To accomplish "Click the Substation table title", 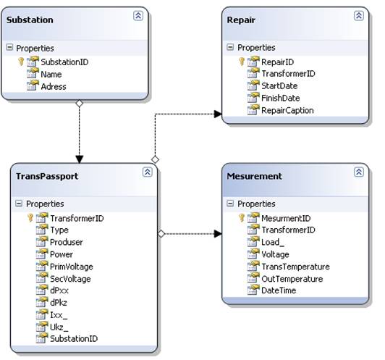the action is coord(30,20).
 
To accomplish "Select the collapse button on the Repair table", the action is coord(359,16).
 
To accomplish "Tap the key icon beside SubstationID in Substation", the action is coord(21,62).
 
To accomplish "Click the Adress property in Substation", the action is coord(54,86).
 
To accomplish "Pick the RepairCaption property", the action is coord(287,110).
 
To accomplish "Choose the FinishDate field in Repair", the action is coord(280,98).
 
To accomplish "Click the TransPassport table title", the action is coord(47,176).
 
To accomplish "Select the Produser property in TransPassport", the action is coord(67,242).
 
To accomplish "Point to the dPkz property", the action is coord(59,303).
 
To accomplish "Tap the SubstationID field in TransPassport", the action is coord(74,338).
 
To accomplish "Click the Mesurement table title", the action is coord(255,176).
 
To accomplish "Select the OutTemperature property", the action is coord(292,279).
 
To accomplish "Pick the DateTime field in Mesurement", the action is coord(279,290).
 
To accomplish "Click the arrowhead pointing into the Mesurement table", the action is coord(218,234).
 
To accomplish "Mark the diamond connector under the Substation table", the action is coord(80,104).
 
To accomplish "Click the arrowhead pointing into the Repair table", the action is coord(218,114).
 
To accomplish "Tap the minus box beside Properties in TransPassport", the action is coord(19,204).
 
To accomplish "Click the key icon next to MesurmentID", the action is coord(242,218).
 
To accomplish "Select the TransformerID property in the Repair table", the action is coord(288,73).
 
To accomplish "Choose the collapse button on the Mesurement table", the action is coord(359,172).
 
